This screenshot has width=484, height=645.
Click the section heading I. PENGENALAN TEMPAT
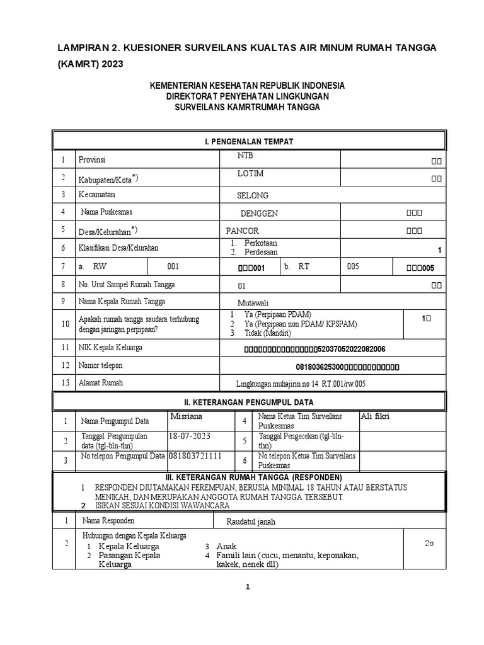point(248,142)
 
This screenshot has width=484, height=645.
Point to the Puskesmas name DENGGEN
point(259,214)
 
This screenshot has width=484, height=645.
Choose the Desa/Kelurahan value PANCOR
point(243,231)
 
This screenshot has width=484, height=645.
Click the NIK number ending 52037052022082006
point(315,349)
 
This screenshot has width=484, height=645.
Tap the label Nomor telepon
point(100,365)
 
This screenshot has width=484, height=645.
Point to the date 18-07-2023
point(190,436)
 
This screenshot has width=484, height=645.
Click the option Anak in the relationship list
point(227,546)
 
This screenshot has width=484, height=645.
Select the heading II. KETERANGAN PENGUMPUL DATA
point(248,402)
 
